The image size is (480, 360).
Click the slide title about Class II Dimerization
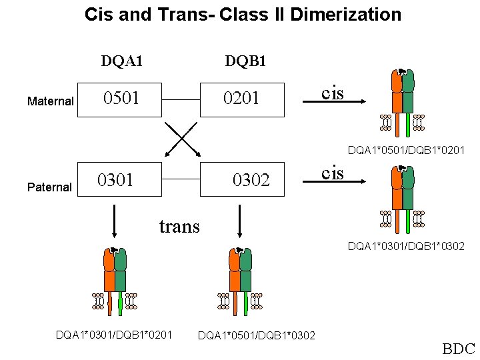click(x=243, y=14)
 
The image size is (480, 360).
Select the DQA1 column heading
click(x=121, y=62)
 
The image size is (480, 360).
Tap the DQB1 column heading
click(x=245, y=62)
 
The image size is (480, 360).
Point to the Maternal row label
click(x=50, y=101)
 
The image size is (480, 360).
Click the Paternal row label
click(x=49, y=187)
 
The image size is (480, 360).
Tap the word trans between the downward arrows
click(x=179, y=227)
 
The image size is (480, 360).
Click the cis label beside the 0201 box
click(x=333, y=93)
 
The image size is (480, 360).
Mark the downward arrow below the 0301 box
click(x=115, y=220)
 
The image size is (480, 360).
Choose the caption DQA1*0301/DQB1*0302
click(x=406, y=247)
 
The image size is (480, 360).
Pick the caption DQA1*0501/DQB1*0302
click(x=257, y=334)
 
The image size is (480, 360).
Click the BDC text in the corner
click(x=458, y=349)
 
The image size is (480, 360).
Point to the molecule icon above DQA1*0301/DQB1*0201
click(x=115, y=280)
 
